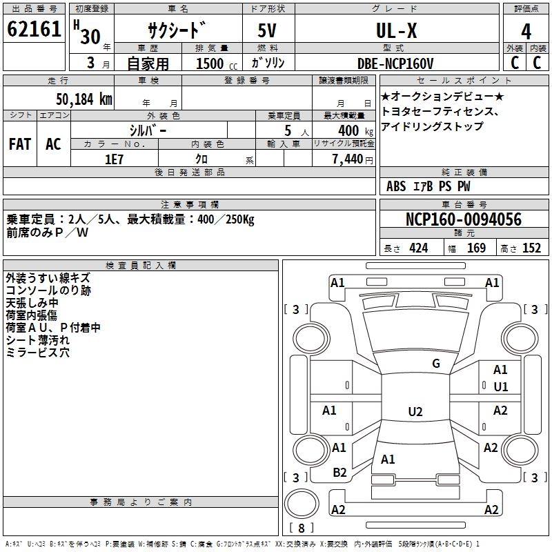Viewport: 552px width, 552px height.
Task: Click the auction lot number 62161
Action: [x=34, y=30]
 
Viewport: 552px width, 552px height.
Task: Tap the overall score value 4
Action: [x=526, y=32]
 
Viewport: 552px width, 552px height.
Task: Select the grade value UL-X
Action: [x=396, y=31]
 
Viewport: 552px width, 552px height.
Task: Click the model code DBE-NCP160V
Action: [x=395, y=63]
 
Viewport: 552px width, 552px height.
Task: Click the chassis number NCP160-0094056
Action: [x=464, y=219]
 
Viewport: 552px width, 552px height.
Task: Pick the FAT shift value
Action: [x=20, y=144]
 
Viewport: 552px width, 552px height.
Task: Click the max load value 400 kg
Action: [x=348, y=130]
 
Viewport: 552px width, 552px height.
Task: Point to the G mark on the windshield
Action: [x=436, y=363]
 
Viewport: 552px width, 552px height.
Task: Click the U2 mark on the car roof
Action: [x=415, y=412]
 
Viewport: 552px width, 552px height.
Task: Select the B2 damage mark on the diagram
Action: [x=339, y=472]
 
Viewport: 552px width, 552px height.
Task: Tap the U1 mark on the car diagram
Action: [x=501, y=386]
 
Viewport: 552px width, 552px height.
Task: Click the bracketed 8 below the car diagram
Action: [x=302, y=529]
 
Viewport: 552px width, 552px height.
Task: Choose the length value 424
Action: [x=418, y=248]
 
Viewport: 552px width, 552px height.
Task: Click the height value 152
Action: [x=531, y=248]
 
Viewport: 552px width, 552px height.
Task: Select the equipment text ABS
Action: [x=396, y=186]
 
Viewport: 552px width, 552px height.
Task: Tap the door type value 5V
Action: [x=268, y=31]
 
